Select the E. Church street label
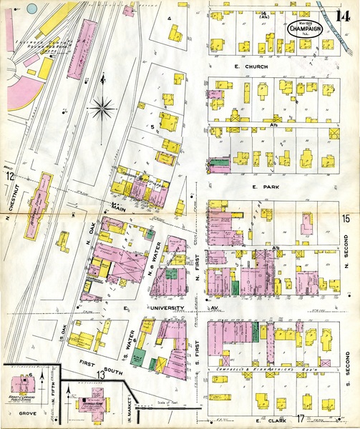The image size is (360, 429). coord(255,66)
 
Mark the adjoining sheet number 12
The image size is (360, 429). coord(10,175)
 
